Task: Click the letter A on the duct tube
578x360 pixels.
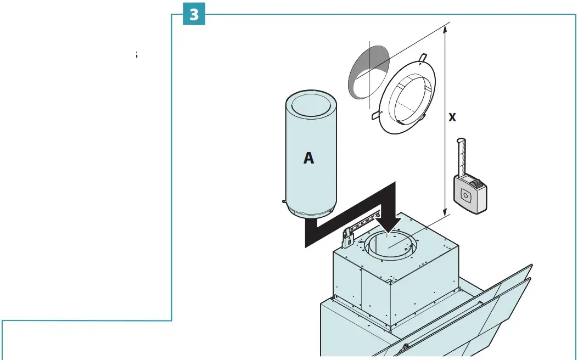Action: pos(309,158)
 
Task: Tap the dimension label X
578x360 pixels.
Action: pos(452,117)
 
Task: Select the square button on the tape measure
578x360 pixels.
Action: pos(466,194)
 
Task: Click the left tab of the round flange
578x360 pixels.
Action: pos(374,115)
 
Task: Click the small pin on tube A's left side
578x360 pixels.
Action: pos(283,201)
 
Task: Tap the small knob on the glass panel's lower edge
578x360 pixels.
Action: pos(406,346)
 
